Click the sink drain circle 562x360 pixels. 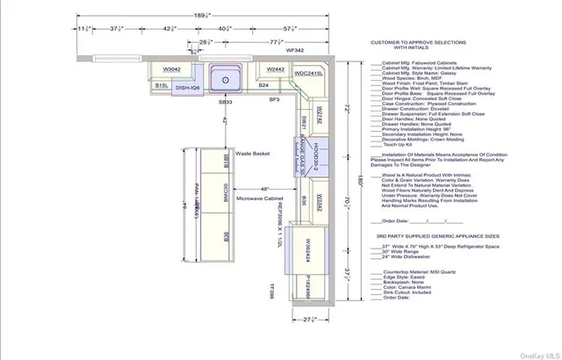click(227, 80)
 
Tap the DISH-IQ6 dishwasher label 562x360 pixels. click(189, 88)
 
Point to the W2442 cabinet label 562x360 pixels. click(275, 68)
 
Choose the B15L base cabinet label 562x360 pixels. click(162, 86)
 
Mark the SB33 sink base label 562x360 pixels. click(225, 103)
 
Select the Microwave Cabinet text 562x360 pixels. click(258, 199)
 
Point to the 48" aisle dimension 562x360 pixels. click(263, 190)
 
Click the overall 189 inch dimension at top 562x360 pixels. click(201, 14)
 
